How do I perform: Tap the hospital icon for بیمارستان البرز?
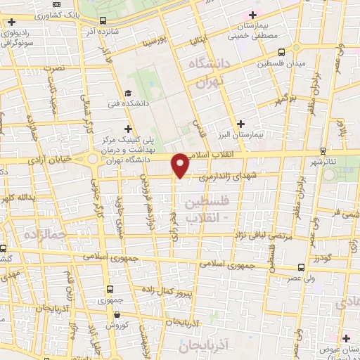pyautogui.click(x=241, y=123)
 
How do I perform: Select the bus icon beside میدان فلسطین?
pyautogui.click(x=282, y=52)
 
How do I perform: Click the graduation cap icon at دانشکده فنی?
pyautogui.click(x=127, y=93)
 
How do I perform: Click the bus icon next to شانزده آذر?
pyautogui.click(x=104, y=21)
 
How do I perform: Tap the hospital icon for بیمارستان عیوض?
pyautogui.click(x=346, y=338)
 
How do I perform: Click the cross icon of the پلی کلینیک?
pyautogui.click(x=127, y=129)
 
